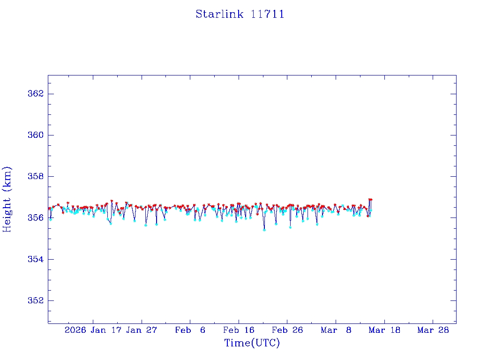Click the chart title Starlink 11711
click(240, 14)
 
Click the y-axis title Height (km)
click(7, 199)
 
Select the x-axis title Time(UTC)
click(252, 343)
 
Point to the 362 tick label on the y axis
click(36, 94)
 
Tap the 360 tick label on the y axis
click(36, 135)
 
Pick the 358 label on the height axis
click(36, 177)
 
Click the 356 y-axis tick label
click(36, 218)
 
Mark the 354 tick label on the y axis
click(36, 259)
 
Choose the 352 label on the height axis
click(36, 300)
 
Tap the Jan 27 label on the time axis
click(142, 330)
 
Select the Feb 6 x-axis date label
click(190, 330)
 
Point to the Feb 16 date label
click(239, 330)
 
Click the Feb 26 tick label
click(287, 330)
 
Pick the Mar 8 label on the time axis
click(336, 330)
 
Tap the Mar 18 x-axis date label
click(384, 330)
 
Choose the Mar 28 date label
click(433, 330)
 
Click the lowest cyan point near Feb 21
click(264, 230)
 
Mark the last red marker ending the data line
click(371, 200)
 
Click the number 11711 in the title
click(268, 14)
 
